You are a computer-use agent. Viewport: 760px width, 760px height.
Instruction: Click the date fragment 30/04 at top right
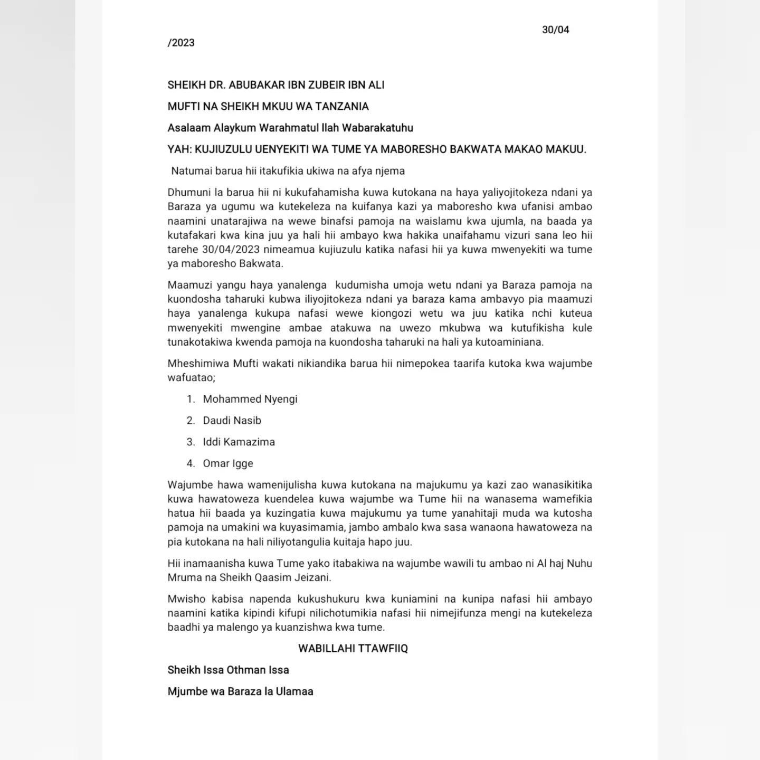[x=555, y=30]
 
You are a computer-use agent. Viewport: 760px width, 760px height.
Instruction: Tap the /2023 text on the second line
[x=181, y=43]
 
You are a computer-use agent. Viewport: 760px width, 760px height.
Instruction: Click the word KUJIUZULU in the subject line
[x=223, y=150]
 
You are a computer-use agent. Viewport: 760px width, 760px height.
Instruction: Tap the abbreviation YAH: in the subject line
[x=179, y=150]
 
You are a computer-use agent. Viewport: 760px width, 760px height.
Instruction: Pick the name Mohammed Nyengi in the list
[x=250, y=400]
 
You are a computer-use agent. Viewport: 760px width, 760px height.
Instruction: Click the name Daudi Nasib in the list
[x=232, y=421]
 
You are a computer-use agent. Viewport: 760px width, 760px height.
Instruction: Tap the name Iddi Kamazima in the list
[x=239, y=442]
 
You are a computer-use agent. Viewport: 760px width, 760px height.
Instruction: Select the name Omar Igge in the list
[x=228, y=464]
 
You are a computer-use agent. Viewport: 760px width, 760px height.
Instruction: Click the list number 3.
[x=191, y=442]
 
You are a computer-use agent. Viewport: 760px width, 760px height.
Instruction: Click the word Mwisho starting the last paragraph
[x=185, y=600]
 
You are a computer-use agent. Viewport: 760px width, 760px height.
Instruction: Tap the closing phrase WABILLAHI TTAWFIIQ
[x=353, y=649]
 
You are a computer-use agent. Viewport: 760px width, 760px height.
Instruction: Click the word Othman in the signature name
[x=245, y=670]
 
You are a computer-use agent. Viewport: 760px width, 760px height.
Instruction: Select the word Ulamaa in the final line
[x=294, y=692]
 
